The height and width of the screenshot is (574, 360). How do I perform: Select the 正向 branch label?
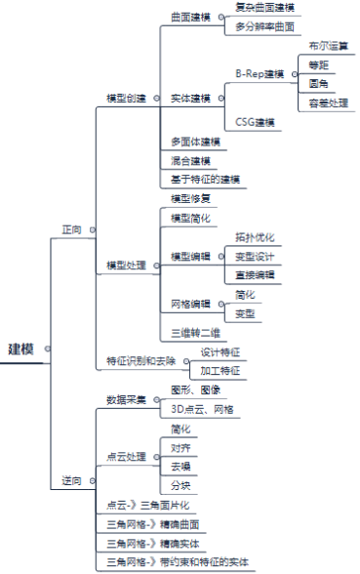(x=72, y=230)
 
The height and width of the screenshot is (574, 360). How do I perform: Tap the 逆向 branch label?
(x=72, y=480)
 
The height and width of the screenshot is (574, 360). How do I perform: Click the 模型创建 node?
(x=126, y=99)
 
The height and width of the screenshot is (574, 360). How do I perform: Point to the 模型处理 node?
(x=126, y=266)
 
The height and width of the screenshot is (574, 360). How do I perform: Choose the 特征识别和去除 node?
(x=141, y=360)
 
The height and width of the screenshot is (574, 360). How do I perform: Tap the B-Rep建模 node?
(x=260, y=73)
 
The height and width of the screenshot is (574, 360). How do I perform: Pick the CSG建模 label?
(x=255, y=122)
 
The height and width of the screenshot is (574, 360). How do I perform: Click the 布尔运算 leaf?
(x=327, y=46)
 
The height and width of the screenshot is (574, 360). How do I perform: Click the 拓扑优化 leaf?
(x=255, y=237)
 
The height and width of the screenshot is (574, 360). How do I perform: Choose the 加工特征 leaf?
(x=220, y=370)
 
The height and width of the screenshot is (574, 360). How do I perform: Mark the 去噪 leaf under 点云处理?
(x=180, y=466)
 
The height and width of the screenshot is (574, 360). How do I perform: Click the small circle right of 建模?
(x=47, y=348)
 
